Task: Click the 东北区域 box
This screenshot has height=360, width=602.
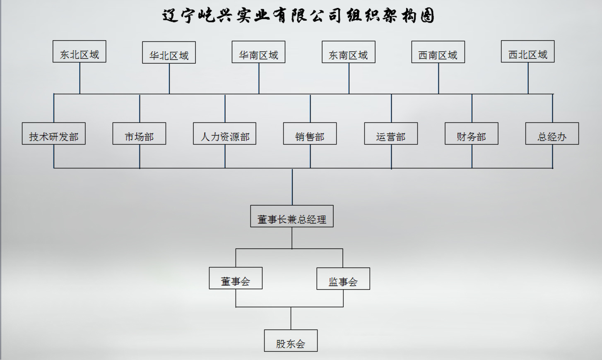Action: tap(79, 52)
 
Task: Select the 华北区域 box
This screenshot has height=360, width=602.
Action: tap(169, 53)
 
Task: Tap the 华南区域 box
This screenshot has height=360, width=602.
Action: tap(258, 52)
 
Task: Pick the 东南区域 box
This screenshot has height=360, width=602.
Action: tap(349, 52)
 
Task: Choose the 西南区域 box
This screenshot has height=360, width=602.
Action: tap(438, 52)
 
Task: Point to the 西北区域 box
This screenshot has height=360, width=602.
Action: tap(527, 52)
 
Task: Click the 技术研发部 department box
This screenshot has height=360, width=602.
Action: tap(54, 134)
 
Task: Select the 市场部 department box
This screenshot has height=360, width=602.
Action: tap(139, 134)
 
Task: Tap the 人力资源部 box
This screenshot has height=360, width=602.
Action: tap(225, 134)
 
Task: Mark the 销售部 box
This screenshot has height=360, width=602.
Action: tap(310, 134)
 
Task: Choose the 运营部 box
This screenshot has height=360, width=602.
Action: tap(391, 134)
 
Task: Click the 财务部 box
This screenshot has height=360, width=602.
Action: tap(472, 134)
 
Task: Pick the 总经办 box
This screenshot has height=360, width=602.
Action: tap(552, 134)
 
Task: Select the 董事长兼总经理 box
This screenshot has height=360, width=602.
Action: tap(292, 216)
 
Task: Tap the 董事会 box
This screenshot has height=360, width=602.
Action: tap(236, 278)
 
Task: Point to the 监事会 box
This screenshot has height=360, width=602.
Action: tap(343, 279)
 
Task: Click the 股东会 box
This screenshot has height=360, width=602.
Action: tap(291, 341)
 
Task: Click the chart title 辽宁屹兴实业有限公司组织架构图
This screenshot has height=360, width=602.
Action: tap(298, 16)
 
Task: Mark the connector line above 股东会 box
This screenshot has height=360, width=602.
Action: tap(291, 318)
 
